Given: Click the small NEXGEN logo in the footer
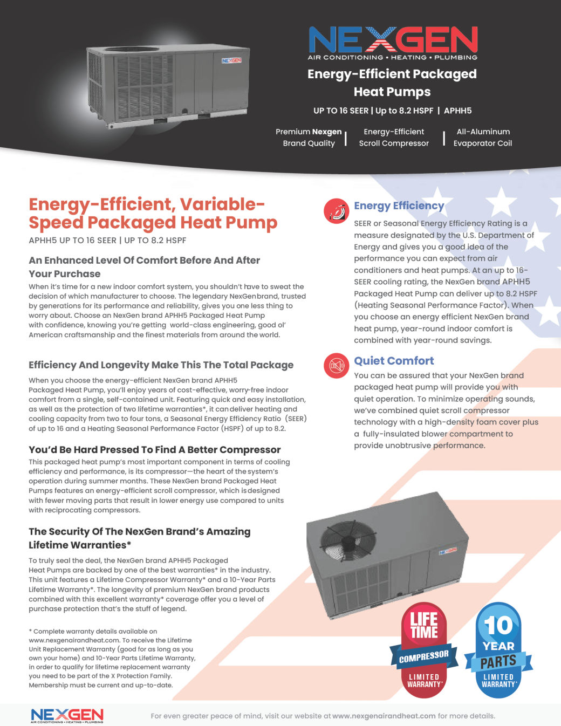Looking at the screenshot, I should tap(67, 715).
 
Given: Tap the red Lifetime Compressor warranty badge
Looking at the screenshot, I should tap(424, 650).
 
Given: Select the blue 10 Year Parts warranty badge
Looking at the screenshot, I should tap(498, 650).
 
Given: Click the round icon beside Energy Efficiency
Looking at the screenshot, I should tap(337, 211).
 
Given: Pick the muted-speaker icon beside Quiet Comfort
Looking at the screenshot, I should tap(337, 366).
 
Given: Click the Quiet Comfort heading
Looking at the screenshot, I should tap(394, 361).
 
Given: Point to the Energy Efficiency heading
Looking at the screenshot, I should tap(399, 206).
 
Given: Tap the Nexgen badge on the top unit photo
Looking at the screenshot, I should tap(231, 60).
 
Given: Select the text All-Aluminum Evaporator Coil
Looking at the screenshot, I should tap(483, 138).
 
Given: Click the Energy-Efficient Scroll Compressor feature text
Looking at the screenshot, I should tap(394, 138).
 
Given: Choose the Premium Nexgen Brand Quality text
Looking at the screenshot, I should tap(309, 138).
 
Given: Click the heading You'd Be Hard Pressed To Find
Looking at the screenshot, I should tap(154, 450).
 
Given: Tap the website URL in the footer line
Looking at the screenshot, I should tap(384, 716).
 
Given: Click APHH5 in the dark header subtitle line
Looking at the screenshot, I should tap(457, 111).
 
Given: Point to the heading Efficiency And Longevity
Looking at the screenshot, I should tap(161, 365).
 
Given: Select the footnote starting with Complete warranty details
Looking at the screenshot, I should tap(112, 658).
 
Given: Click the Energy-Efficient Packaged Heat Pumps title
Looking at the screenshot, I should tap(392, 83).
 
